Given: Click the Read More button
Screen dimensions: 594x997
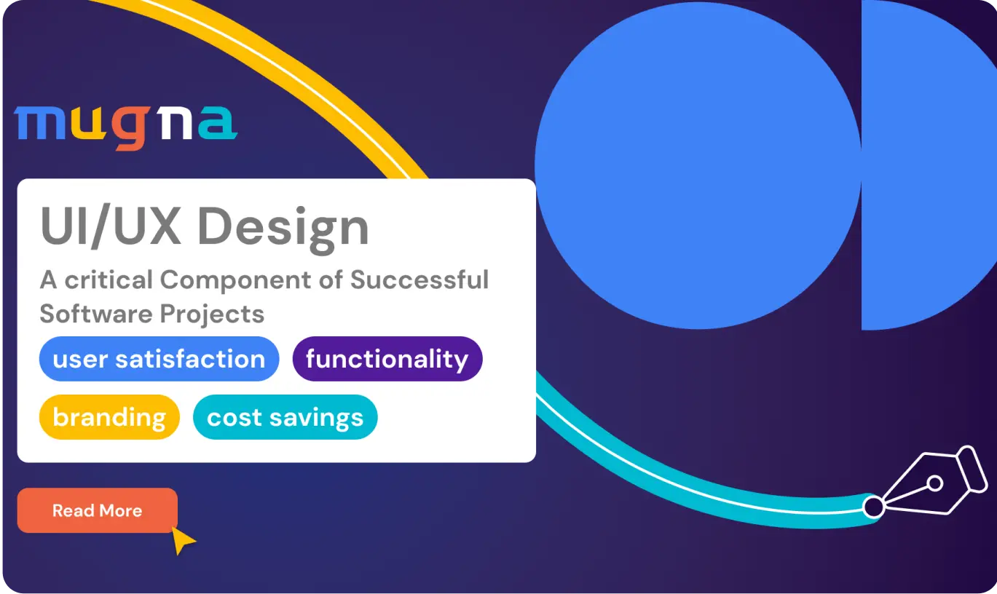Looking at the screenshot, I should point(97,510).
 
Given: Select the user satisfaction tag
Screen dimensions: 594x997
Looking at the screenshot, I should point(159,359).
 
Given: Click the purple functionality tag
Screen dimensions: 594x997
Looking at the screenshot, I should point(387,359).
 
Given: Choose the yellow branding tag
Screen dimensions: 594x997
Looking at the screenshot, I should point(109,417).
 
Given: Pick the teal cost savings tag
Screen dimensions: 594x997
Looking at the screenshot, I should point(285,417).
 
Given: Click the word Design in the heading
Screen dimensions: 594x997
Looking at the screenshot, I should point(283,227).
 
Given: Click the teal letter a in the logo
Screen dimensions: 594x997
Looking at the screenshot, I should point(217,124).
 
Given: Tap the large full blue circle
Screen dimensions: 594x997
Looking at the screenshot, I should point(698,165).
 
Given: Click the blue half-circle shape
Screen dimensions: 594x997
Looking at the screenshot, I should point(925,165).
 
